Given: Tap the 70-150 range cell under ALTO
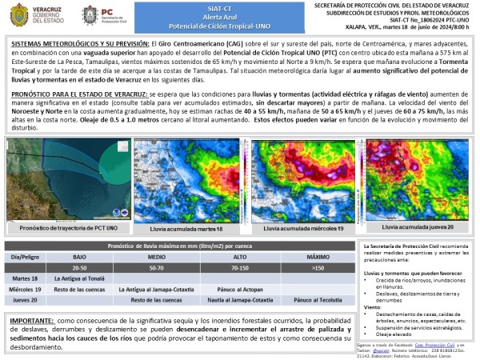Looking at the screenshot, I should [241, 268].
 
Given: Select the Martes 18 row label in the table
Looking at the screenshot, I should [25, 278].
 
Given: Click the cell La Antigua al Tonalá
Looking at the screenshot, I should [79, 278].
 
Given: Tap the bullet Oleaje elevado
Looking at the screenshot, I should [395, 334].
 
